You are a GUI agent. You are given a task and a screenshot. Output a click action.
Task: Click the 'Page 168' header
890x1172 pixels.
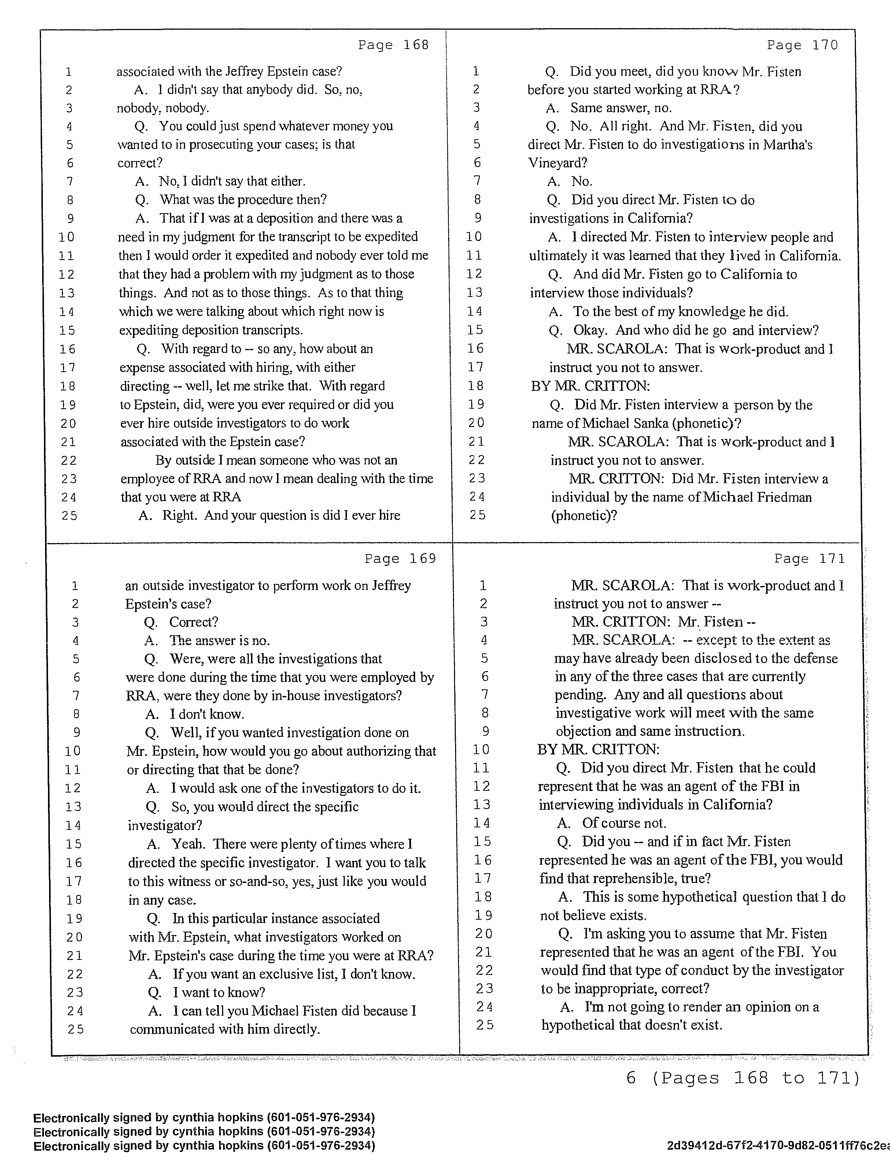(393, 45)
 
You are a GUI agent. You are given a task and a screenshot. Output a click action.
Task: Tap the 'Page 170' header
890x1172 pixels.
(802, 45)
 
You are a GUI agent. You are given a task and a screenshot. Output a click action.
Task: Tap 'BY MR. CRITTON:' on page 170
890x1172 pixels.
(590, 386)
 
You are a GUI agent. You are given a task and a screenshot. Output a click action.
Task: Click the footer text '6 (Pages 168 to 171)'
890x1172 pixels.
(742, 1079)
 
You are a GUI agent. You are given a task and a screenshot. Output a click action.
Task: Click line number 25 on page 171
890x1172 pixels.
(484, 1025)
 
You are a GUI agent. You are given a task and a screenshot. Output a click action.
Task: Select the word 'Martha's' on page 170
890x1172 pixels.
(787, 145)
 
